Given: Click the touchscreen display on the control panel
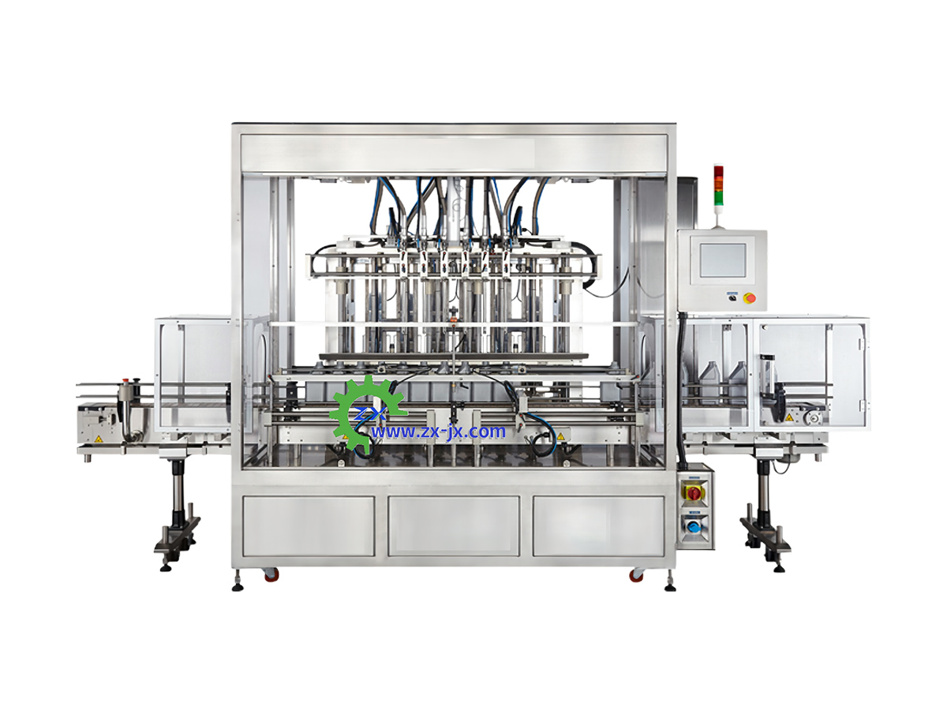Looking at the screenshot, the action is click(x=722, y=260).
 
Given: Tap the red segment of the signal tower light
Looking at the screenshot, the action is click(x=718, y=171).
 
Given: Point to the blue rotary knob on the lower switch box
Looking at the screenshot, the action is click(x=695, y=526).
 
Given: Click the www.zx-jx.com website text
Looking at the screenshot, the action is click(x=437, y=431).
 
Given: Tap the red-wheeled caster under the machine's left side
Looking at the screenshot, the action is click(x=271, y=574).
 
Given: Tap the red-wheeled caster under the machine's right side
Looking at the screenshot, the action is click(x=636, y=574).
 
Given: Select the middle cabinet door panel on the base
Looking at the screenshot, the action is click(x=454, y=526).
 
